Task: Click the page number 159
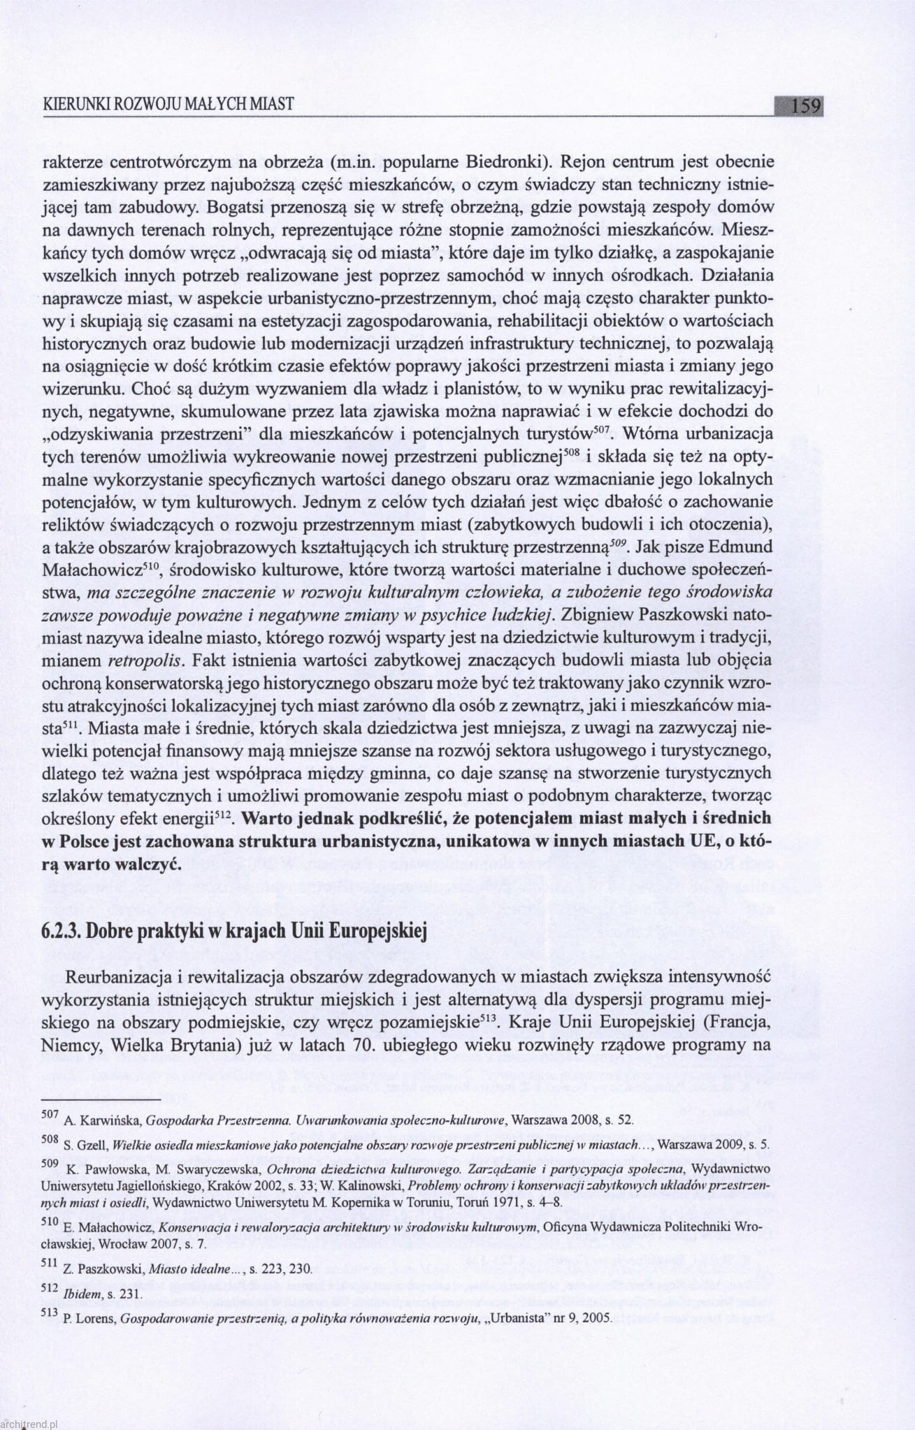(x=806, y=106)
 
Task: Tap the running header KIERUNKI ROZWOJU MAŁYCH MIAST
(x=168, y=105)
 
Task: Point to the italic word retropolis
(x=145, y=660)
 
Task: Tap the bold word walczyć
(x=147, y=864)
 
